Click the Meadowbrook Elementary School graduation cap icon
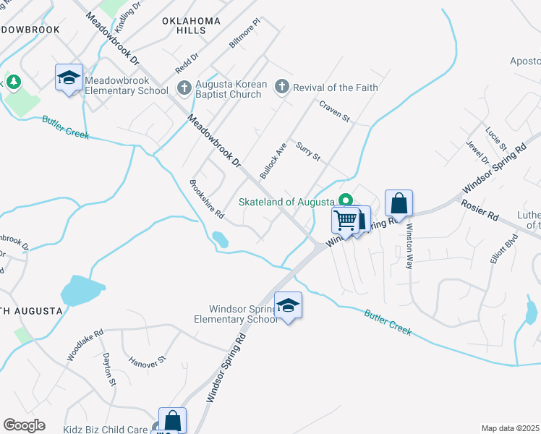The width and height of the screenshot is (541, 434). (x=69, y=77)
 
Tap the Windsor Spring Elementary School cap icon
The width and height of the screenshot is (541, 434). (x=288, y=305)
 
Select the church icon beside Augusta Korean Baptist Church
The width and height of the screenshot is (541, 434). (x=184, y=88)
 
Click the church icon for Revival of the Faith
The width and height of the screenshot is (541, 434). (x=282, y=88)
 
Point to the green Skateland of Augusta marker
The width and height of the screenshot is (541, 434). (x=346, y=201)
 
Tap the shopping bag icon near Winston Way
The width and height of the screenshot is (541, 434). (x=399, y=203)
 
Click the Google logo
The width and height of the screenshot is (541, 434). (x=24, y=425)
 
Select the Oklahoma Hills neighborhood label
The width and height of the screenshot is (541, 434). (x=191, y=26)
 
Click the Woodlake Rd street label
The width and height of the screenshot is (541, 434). (x=85, y=345)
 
